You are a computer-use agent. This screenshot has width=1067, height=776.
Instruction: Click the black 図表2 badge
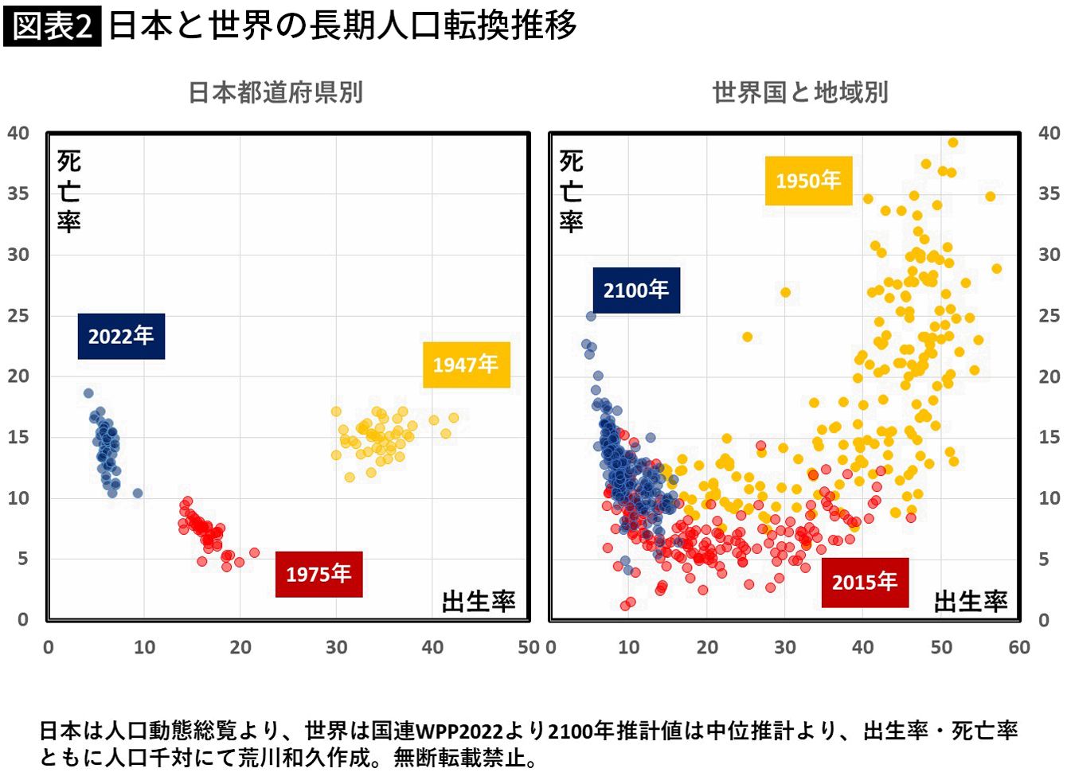tap(52, 26)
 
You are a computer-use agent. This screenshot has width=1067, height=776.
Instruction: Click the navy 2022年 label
tap(122, 336)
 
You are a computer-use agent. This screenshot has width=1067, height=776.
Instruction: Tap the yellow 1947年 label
tap(467, 365)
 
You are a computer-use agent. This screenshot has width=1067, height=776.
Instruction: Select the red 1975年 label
tap(319, 574)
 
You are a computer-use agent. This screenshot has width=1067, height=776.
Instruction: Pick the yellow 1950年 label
tap(809, 181)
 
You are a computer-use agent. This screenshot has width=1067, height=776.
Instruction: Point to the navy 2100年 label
tap(636, 290)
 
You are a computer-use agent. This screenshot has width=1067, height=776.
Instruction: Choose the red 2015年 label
tap(865, 583)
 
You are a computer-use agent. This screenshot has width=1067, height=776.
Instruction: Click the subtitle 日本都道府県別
tap(276, 92)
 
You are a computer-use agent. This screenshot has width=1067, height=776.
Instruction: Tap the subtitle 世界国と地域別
tap(800, 92)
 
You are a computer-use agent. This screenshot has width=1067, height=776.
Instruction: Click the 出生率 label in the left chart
tap(479, 601)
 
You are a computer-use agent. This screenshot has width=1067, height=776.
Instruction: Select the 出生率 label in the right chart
tap(971, 601)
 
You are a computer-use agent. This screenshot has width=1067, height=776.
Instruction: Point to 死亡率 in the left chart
tap(69, 191)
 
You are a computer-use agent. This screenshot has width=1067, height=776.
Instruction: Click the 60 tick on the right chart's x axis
tap(1019, 647)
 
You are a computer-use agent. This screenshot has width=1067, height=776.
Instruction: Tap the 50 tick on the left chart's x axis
tap(529, 647)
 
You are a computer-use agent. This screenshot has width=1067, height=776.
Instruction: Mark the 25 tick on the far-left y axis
tap(18, 316)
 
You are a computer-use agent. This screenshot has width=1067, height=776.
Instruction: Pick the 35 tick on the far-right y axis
tap(1049, 193)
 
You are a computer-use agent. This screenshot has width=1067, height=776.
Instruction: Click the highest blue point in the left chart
tap(88, 393)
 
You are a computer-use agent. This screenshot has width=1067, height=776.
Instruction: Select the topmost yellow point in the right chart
tap(953, 142)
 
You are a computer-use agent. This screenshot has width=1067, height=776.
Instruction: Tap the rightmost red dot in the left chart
tap(254, 552)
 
